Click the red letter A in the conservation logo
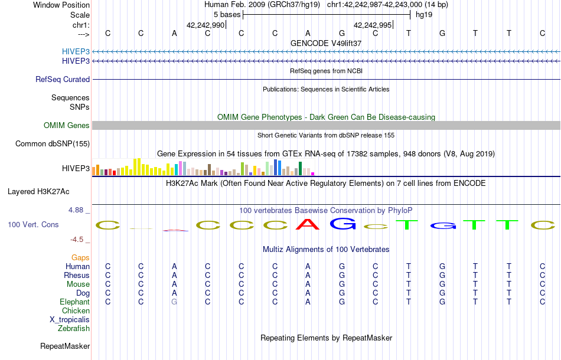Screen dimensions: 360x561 click(x=308, y=224)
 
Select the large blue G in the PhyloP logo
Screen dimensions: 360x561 click(x=342, y=224)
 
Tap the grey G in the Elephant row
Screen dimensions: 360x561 click(x=174, y=302)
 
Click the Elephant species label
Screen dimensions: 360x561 click(x=74, y=302)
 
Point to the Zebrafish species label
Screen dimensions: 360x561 click(x=74, y=329)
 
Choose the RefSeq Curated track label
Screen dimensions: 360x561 click(x=63, y=80)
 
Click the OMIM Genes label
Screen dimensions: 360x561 click(x=67, y=126)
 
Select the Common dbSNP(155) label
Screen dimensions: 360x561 click(x=53, y=144)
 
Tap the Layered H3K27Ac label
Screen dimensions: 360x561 click(x=38, y=192)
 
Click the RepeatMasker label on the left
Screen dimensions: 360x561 click(x=65, y=346)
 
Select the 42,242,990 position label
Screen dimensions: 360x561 click(x=206, y=25)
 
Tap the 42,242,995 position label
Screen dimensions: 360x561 click(x=373, y=25)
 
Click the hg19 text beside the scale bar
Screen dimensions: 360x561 click(x=424, y=15)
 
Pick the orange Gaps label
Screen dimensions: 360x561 click(x=80, y=258)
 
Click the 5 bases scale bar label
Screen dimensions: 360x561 click(x=227, y=15)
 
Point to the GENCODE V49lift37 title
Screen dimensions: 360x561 click(x=326, y=44)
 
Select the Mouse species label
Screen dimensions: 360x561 click(x=78, y=284)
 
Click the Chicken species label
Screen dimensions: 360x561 click(x=76, y=311)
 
